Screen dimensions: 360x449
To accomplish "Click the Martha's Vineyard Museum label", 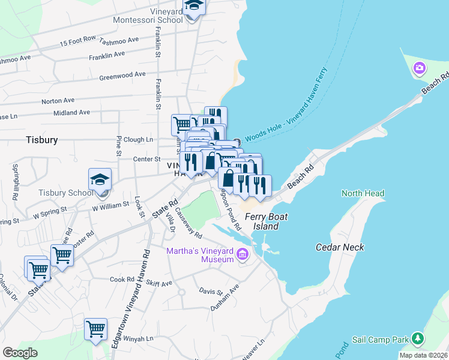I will (x=200, y=254).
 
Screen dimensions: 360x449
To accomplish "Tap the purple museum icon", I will (x=243, y=255).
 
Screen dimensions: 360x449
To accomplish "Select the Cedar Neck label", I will (x=340, y=247).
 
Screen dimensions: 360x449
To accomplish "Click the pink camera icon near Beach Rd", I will (x=419, y=70).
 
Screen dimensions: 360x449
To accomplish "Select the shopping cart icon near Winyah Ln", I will (x=95, y=329).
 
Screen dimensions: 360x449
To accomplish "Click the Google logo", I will (x=20, y=353).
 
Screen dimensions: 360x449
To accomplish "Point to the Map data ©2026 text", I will (x=424, y=355).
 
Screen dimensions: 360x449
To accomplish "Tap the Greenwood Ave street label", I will (x=122, y=76).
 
